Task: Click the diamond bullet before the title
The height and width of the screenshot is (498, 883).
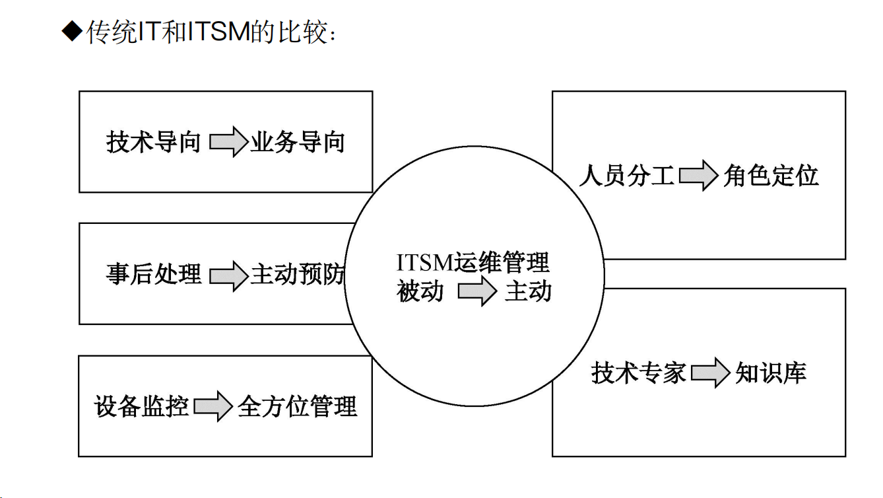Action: pyautogui.click(x=71, y=31)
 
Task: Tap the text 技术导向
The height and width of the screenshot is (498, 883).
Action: pyautogui.click(x=154, y=142)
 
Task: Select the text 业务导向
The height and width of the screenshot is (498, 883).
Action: pyautogui.click(x=298, y=142)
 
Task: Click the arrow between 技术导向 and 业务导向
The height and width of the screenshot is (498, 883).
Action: pyautogui.click(x=228, y=142)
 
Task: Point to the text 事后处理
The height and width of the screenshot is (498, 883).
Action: pyautogui.click(x=154, y=274)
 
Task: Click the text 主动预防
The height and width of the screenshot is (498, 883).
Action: pyautogui.click(x=298, y=274)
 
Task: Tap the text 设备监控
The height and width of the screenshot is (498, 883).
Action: pyautogui.click(x=142, y=406)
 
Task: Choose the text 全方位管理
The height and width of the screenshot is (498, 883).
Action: pyautogui.click(x=298, y=406)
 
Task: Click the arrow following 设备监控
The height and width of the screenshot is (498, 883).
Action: pyautogui.click(x=213, y=406)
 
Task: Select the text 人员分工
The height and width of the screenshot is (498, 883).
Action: pyautogui.click(x=626, y=176)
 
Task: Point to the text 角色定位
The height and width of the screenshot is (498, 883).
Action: pyautogui.click(x=771, y=176)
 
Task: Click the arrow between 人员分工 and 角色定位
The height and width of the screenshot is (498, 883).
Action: pyautogui.click(x=698, y=176)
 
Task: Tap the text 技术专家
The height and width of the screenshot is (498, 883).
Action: pyautogui.click(x=638, y=373)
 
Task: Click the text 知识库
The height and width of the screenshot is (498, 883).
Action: pyautogui.click(x=771, y=373)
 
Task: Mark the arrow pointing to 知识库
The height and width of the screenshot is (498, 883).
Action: pyautogui.click(x=710, y=373)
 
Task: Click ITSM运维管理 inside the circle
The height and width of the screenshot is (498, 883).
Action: pyautogui.click(x=473, y=262)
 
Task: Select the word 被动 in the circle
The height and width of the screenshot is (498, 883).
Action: pyautogui.click(x=420, y=291)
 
